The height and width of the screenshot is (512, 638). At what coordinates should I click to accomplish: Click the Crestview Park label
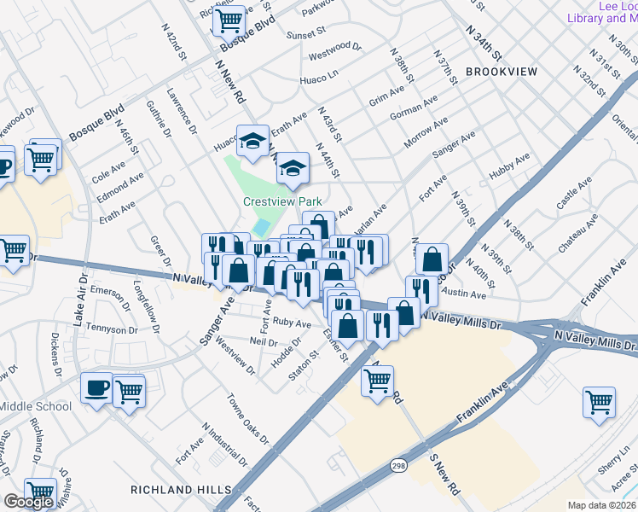pyautogui.click(x=282, y=202)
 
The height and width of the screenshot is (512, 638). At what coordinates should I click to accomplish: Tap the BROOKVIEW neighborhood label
pyautogui.click(x=502, y=72)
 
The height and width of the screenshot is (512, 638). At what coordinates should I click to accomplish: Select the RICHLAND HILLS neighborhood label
pyautogui.click(x=181, y=489)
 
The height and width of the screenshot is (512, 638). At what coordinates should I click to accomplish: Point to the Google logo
pyautogui.click(x=28, y=503)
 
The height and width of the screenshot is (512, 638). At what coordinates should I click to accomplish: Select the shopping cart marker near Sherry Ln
pyautogui.click(x=600, y=401)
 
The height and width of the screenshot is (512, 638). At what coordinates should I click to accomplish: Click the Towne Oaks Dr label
pyautogui.click(x=247, y=418)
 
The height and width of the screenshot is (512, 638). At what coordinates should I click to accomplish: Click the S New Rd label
pyautogui.click(x=444, y=475)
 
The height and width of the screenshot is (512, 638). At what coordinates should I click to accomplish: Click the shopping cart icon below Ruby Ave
pyautogui.click(x=377, y=381)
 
